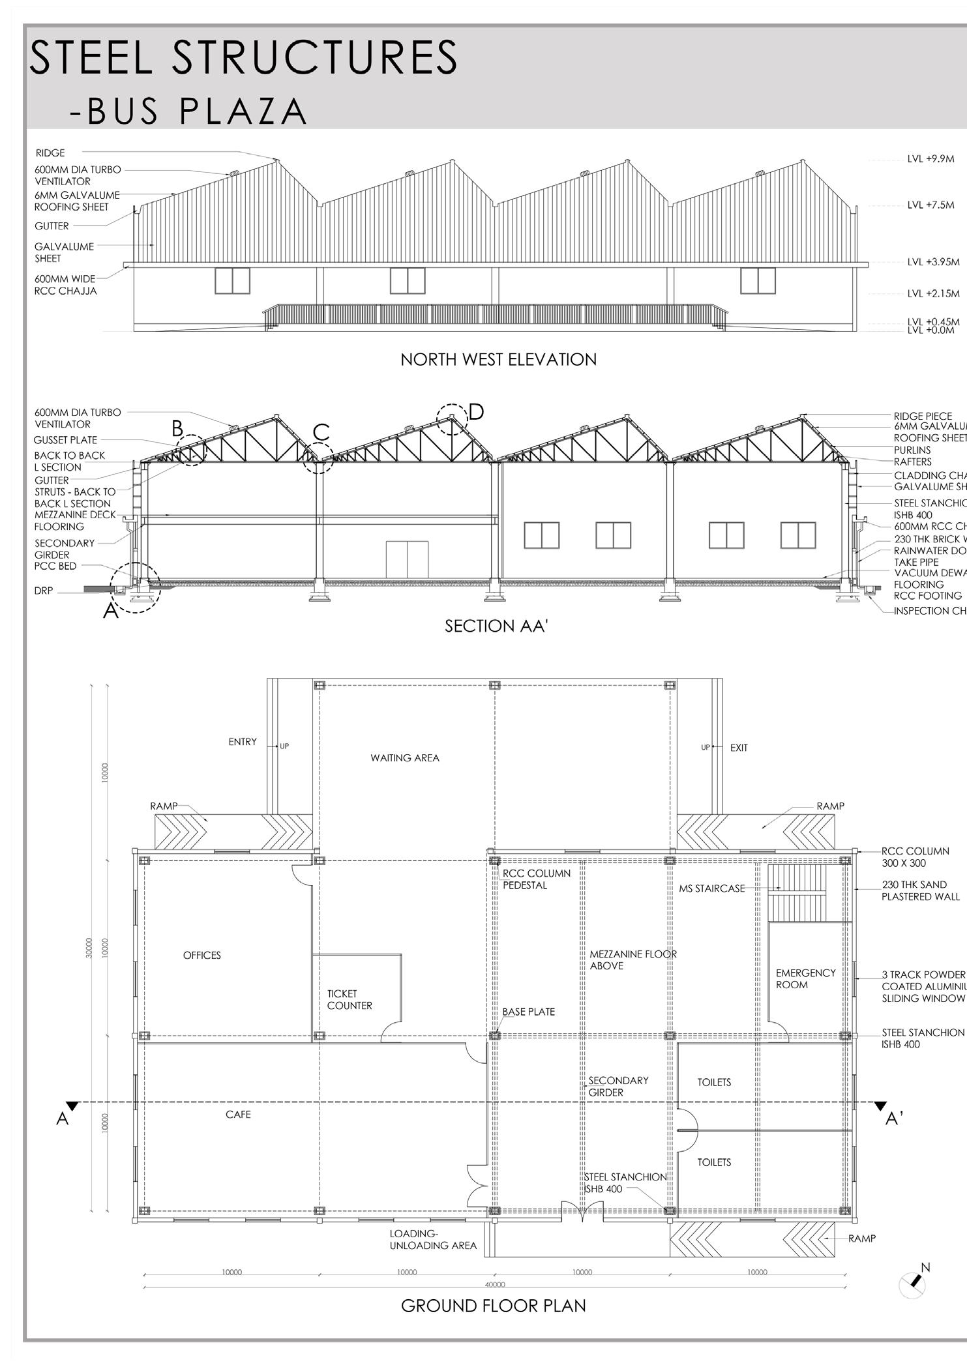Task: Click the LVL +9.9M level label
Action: pyautogui.click(x=930, y=159)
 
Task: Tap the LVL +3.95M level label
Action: pyautogui.click(x=933, y=263)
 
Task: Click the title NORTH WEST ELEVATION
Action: pyautogui.click(x=498, y=360)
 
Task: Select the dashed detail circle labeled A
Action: pyautogui.click(x=135, y=587)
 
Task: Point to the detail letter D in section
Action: pyautogui.click(x=477, y=412)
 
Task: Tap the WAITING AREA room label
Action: pyautogui.click(x=405, y=758)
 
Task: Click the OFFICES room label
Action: pyautogui.click(x=202, y=956)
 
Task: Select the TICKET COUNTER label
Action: pyautogui.click(x=350, y=1000)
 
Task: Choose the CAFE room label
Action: pyautogui.click(x=238, y=1115)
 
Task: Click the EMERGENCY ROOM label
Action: pyautogui.click(x=805, y=979)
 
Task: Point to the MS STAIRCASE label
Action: pyautogui.click(x=711, y=888)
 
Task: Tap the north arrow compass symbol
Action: pyautogui.click(x=913, y=1284)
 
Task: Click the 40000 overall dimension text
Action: pyautogui.click(x=495, y=1285)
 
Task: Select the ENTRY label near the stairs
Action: pyautogui.click(x=243, y=742)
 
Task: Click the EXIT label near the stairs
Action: pyautogui.click(x=739, y=748)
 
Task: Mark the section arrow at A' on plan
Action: pyautogui.click(x=881, y=1106)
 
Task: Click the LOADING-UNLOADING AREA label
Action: pyautogui.click(x=433, y=1239)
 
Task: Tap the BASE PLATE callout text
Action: pyautogui.click(x=528, y=1012)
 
